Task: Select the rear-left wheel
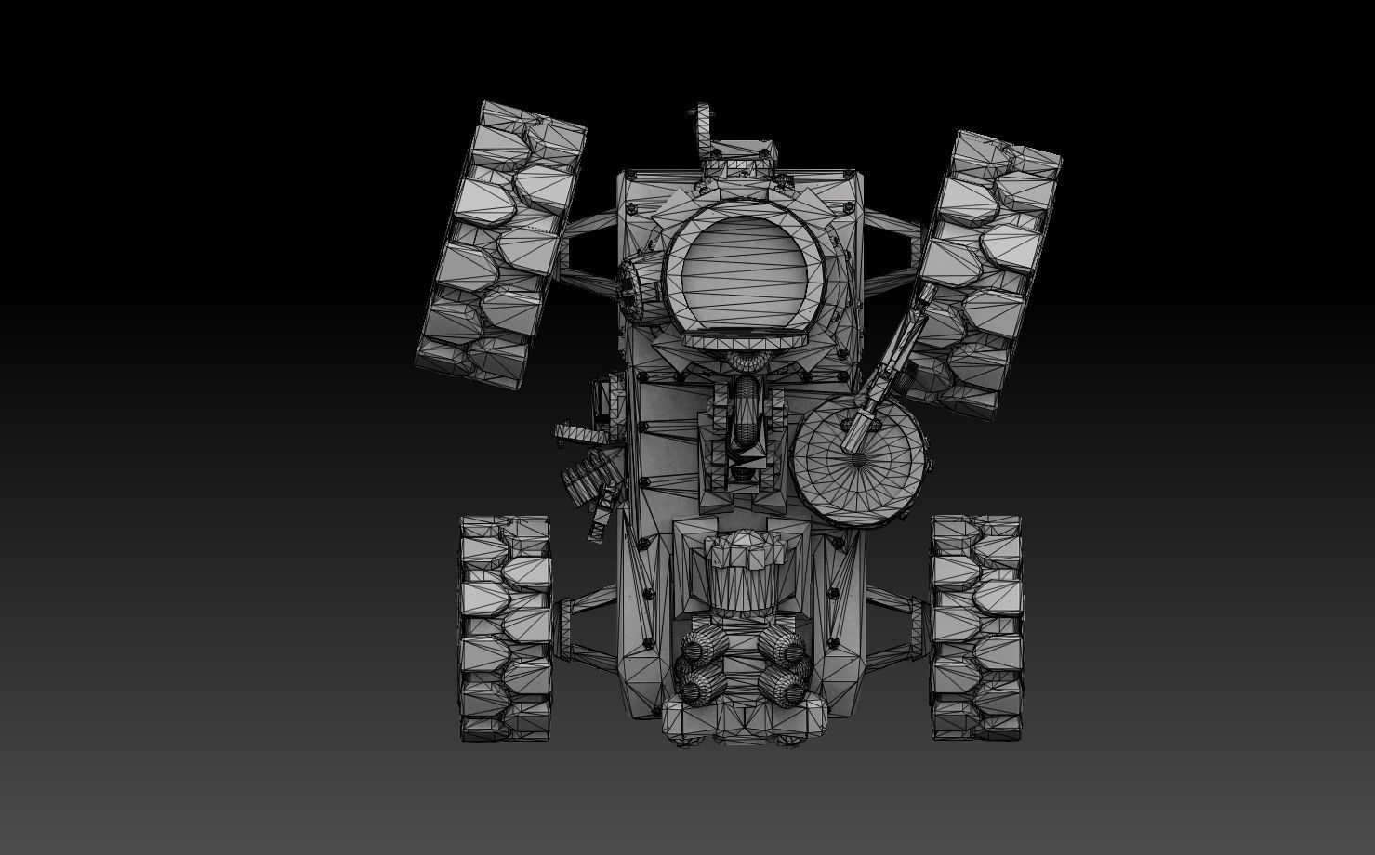click(506, 628)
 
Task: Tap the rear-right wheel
click(976, 628)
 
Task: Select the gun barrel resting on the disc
click(892, 362)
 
